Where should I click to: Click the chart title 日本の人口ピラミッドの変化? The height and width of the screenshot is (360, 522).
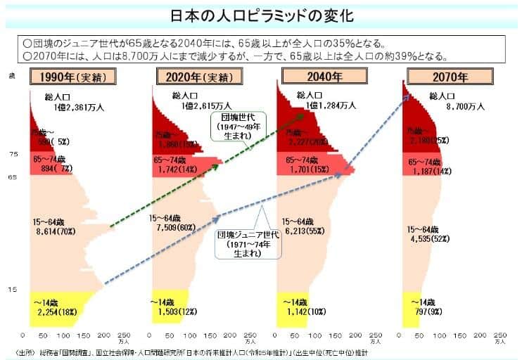point(261,15)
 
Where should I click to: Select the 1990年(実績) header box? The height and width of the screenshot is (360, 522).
point(72,77)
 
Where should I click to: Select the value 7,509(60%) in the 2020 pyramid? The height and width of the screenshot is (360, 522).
point(173,227)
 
